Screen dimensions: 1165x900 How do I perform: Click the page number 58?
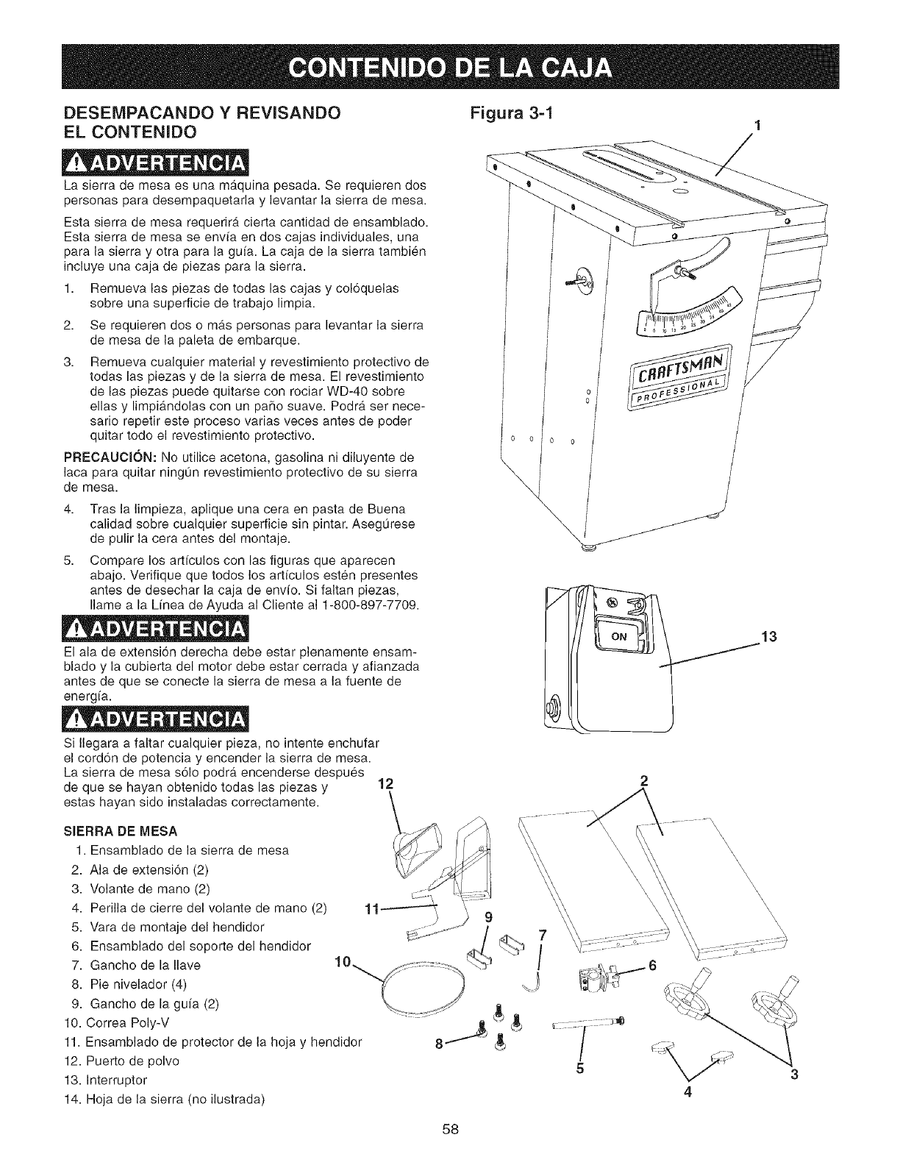(x=450, y=1130)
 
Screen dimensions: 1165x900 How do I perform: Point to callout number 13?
(x=769, y=635)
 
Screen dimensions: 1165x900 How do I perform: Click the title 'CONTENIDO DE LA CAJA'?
(x=450, y=68)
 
